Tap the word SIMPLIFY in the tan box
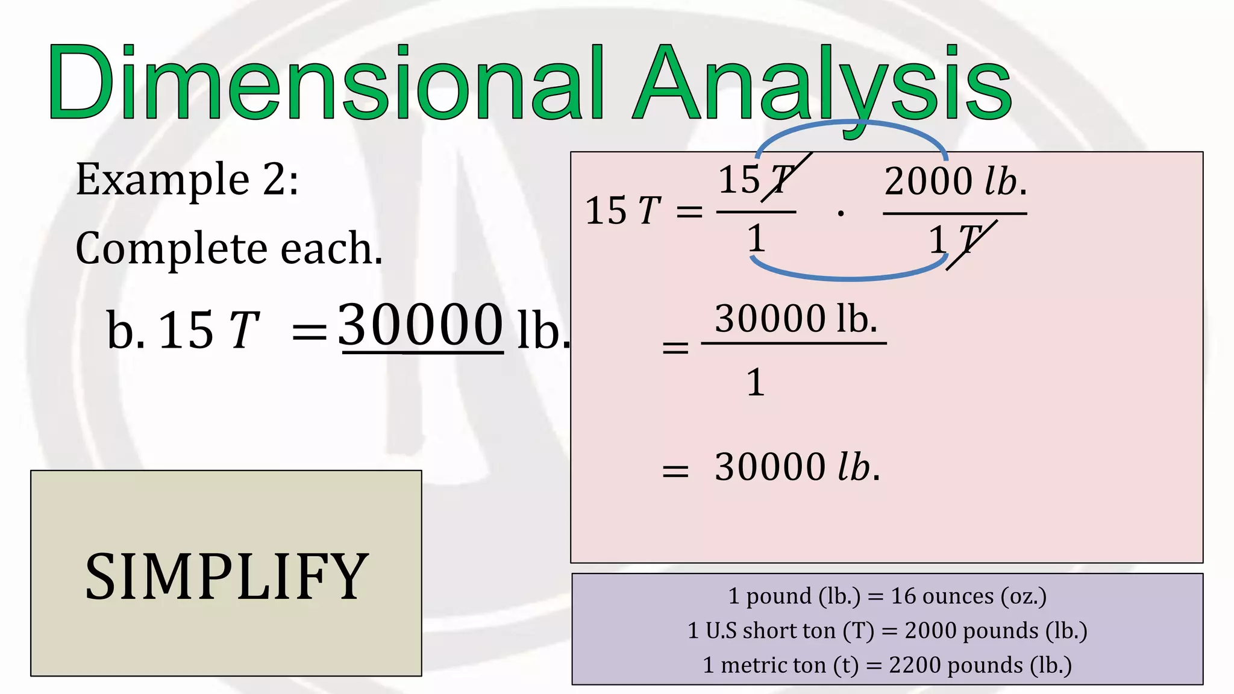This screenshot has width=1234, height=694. pyautogui.click(x=226, y=577)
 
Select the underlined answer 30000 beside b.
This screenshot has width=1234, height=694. pyautogui.click(x=421, y=325)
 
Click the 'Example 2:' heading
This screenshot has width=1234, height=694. pyautogui.click(x=187, y=180)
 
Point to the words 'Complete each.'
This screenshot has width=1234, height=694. pyautogui.click(x=229, y=248)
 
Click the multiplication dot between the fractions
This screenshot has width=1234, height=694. pyautogui.click(x=841, y=213)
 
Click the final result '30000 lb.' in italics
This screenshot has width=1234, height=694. pyautogui.click(x=797, y=467)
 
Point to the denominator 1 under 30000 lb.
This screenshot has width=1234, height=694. pyautogui.click(x=756, y=383)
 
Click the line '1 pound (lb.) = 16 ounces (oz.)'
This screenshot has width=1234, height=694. pyautogui.click(x=887, y=596)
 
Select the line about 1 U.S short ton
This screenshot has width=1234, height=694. pyautogui.click(x=887, y=631)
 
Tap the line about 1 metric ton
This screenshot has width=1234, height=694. pyautogui.click(x=887, y=665)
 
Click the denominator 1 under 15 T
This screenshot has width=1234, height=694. pyautogui.click(x=756, y=239)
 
